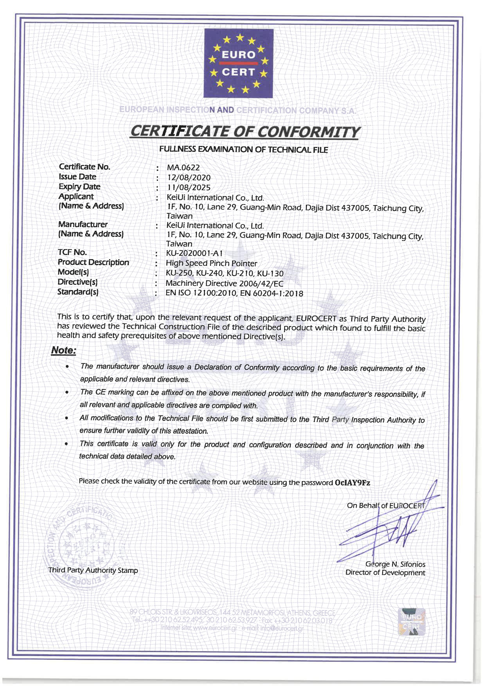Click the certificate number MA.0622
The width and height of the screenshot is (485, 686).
[x=183, y=168]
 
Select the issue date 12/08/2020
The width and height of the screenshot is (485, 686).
[x=189, y=178]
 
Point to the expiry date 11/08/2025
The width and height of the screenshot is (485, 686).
[x=189, y=188]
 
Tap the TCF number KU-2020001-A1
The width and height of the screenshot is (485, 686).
[x=194, y=253]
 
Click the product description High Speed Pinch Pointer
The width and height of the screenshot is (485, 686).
[x=211, y=263]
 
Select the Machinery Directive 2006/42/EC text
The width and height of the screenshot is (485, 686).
[x=225, y=283]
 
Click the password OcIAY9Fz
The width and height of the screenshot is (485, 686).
[x=352, y=483]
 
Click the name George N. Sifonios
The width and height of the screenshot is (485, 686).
[x=395, y=564]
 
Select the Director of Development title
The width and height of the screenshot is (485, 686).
[x=385, y=573]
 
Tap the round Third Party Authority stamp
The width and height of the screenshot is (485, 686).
[x=79, y=547]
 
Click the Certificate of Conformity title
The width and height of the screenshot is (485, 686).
[x=245, y=132]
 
